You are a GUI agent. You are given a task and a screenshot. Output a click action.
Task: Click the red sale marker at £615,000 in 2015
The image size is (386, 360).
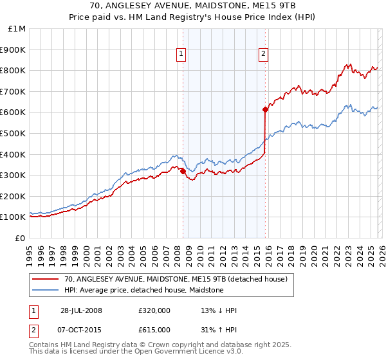pyautogui.click(x=265, y=109)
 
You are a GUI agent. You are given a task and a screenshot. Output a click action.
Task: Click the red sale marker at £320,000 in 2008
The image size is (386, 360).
pyautogui.click(x=183, y=171)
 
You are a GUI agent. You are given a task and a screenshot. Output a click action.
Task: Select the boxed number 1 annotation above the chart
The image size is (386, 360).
pyautogui.click(x=182, y=55)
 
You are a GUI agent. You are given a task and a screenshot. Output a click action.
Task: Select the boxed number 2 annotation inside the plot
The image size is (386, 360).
pyautogui.click(x=264, y=55)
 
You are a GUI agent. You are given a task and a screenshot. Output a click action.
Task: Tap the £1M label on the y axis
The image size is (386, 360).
pyautogui.click(x=17, y=28)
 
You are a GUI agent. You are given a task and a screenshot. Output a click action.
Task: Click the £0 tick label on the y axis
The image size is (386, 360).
pyautogui.click(x=21, y=238)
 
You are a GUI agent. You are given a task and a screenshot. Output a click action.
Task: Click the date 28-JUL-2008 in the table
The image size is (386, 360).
pyautogui.click(x=81, y=310)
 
